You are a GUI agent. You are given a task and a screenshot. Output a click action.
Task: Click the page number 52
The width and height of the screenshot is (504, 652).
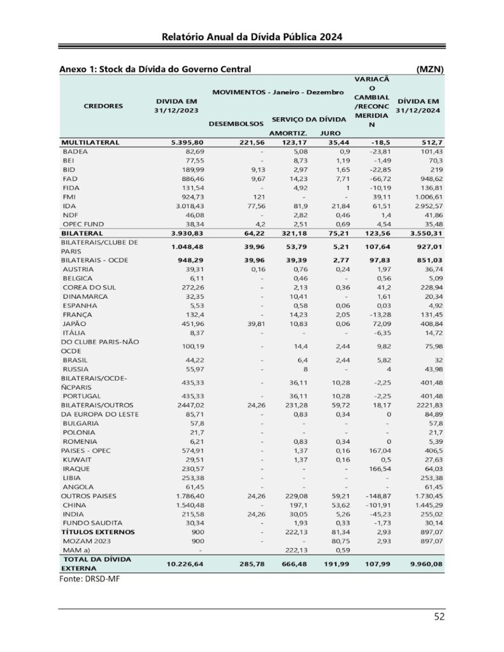point(438,616)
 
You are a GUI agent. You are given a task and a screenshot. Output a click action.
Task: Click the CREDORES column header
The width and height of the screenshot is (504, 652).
point(103,106)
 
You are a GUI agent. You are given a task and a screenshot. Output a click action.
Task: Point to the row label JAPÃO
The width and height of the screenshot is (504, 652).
point(75,323)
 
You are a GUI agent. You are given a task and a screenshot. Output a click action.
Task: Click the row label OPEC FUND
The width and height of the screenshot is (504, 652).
point(85,225)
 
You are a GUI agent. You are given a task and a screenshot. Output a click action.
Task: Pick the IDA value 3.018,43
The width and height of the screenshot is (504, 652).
point(180,207)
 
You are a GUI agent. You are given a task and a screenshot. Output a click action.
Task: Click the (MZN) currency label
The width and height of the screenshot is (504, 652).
point(429,69)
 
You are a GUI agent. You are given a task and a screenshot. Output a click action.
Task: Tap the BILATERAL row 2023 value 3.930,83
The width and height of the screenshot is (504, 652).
point(178,234)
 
